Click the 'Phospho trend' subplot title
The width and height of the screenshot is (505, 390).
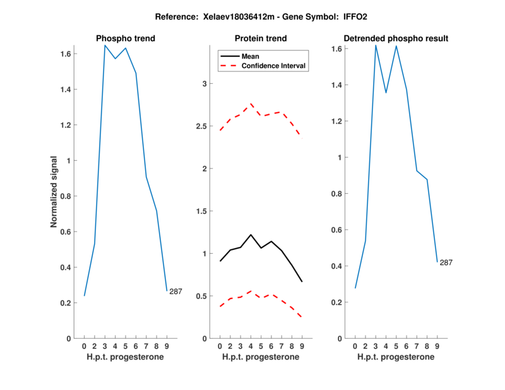point(125,38)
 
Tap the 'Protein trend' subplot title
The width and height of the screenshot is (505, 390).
point(261,38)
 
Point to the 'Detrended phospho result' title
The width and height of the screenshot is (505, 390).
point(396,38)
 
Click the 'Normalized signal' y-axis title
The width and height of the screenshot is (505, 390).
point(55,192)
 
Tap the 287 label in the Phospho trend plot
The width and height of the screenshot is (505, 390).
point(175,292)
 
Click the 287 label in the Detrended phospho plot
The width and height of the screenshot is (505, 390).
point(446,263)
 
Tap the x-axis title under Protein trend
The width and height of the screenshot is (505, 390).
point(261,357)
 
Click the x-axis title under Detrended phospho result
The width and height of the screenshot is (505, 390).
point(396,357)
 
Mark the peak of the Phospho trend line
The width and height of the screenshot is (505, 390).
point(105,45)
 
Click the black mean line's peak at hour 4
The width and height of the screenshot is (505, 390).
point(251,235)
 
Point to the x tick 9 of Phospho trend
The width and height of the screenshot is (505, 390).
point(166,346)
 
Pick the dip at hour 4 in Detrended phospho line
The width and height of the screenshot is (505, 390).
point(386,93)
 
